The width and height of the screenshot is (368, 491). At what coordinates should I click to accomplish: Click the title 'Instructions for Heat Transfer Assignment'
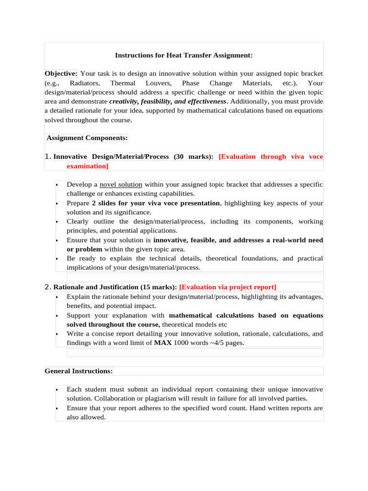(x=184, y=56)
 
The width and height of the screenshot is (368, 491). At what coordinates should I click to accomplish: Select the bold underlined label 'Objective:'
(x=61, y=73)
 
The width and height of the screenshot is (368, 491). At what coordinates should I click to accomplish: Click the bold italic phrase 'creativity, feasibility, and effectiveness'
(x=167, y=102)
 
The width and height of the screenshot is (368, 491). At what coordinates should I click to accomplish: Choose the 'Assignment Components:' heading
(x=87, y=138)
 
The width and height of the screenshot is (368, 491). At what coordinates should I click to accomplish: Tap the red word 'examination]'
(x=88, y=166)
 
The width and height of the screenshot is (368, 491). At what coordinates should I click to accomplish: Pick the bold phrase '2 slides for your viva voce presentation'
(x=156, y=203)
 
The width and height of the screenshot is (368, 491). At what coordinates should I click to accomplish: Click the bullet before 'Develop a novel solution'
(x=57, y=185)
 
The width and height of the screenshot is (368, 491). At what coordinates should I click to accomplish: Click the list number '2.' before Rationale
(x=47, y=287)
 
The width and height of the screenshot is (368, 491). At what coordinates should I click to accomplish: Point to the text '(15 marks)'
(x=159, y=287)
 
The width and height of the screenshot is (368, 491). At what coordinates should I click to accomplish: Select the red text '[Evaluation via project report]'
(x=228, y=287)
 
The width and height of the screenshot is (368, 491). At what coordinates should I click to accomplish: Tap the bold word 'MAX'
(x=162, y=343)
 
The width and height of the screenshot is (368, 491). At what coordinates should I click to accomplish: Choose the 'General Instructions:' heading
(x=79, y=371)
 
